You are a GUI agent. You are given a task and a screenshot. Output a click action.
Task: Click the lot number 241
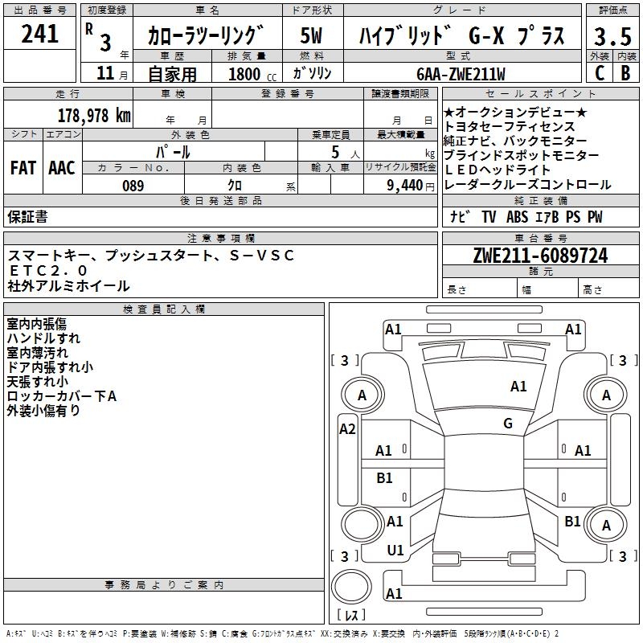(x=40, y=35)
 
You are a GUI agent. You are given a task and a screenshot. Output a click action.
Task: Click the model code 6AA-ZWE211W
(x=461, y=74)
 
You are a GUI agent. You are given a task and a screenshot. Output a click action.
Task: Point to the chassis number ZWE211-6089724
(x=540, y=256)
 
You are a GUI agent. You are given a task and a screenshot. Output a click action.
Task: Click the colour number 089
(x=133, y=186)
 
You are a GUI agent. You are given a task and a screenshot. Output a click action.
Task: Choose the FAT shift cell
(x=23, y=167)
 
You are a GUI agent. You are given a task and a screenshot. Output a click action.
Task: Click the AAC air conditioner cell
(x=62, y=167)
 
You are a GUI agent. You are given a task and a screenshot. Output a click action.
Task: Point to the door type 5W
(x=311, y=36)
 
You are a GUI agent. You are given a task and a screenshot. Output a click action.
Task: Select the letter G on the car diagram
(x=508, y=423)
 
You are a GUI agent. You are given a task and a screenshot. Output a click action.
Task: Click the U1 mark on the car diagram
(x=395, y=550)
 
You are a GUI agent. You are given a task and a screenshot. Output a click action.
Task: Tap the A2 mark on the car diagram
(x=347, y=429)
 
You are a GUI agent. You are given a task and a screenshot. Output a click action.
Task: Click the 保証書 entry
(x=27, y=216)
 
